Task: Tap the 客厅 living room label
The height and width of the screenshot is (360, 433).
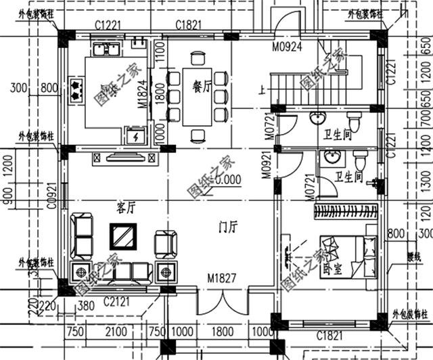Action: [x=127, y=207]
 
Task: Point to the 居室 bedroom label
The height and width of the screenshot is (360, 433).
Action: [x=332, y=269]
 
